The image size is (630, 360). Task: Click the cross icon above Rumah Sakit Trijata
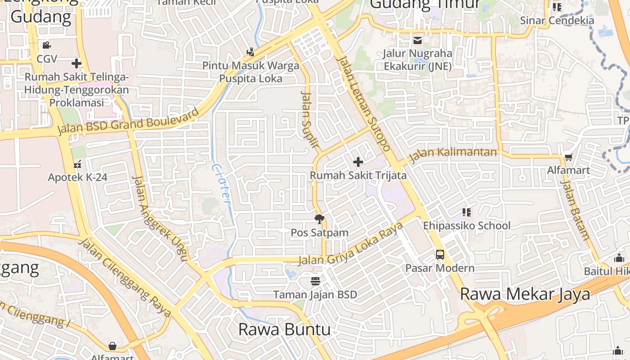[358, 162]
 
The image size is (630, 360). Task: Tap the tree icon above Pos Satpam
[319, 220]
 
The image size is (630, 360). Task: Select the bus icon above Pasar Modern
[440, 255]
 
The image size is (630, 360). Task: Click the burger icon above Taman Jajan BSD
[315, 281]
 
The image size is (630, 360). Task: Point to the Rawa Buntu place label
[284, 329]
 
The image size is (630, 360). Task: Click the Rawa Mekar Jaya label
[525, 294]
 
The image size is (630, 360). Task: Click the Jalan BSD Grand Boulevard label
[128, 121]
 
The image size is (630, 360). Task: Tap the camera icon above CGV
[46, 45]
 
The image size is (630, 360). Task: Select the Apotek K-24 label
[78, 177]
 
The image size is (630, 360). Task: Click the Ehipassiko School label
[467, 225]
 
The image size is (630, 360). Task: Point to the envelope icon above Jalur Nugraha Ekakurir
[418, 41]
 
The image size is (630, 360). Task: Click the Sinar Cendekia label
[557, 20]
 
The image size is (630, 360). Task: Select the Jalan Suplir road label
[310, 120]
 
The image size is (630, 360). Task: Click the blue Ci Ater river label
[221, 184]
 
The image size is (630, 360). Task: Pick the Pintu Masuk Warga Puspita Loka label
[251, 72]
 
